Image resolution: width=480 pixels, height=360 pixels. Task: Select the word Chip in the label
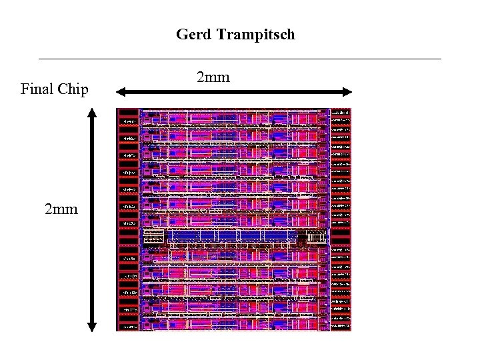click(73, 89)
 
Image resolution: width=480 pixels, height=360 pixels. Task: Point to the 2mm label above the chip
click(213, 77)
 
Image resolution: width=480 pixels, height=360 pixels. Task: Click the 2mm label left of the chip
click(61, 209)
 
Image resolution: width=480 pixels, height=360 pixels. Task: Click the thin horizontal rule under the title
click(240, 59)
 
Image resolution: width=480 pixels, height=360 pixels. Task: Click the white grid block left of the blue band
click(154, 236)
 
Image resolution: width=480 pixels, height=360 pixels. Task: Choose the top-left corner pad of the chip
click(129, 113)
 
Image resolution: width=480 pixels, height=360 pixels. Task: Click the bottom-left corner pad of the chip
click(129, 326)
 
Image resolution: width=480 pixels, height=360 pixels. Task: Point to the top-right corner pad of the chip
click(341, 113)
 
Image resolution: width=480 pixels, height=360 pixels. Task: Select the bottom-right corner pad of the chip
click(341, 326)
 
